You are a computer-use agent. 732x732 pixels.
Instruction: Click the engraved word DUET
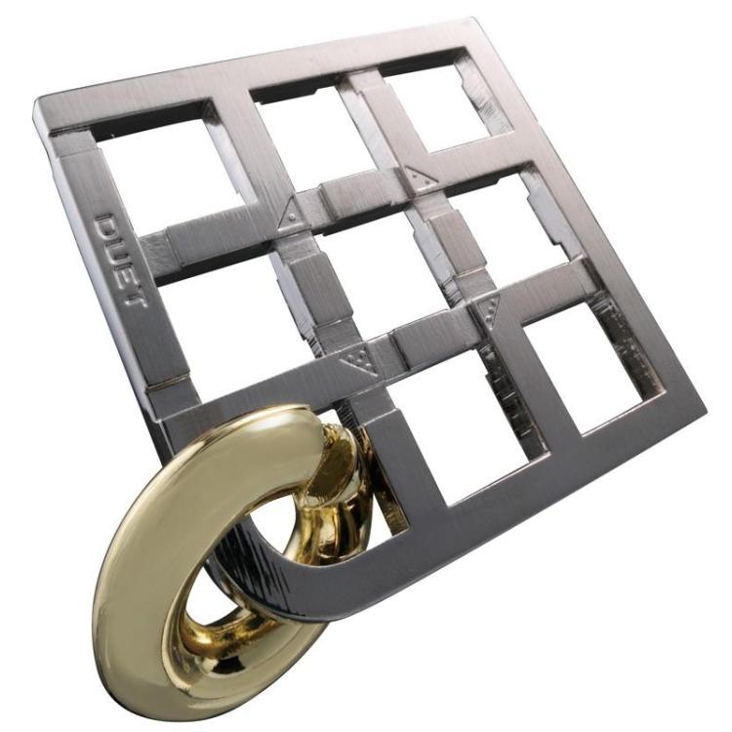120,260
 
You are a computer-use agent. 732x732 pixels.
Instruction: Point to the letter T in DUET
137,298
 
